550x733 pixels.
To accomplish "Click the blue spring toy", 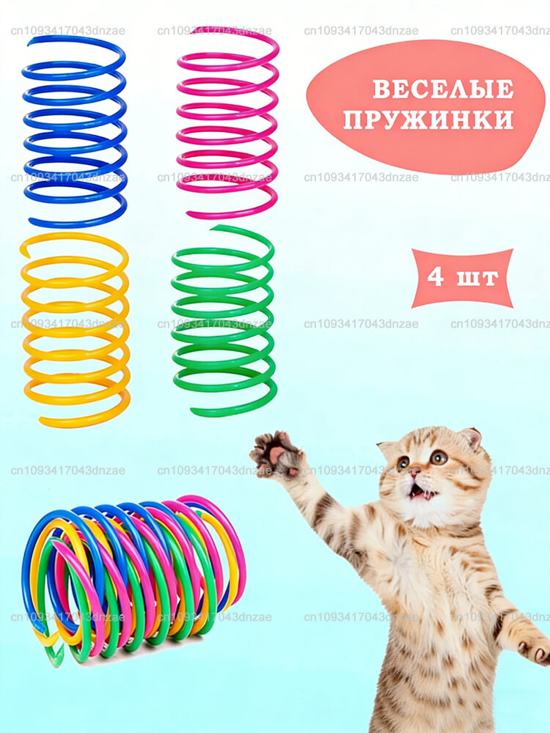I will [x=73, y=132].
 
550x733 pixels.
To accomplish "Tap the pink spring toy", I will [x=227, y=121].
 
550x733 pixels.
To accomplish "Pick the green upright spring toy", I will [x=224, y=323].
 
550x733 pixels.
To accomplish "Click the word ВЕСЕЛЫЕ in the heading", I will [x=443, y=89].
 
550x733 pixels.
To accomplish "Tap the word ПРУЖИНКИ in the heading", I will [x=428, y=119].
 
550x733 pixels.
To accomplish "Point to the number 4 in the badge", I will [x=436, y=278].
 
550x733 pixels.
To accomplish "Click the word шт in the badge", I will [x=480, y=279].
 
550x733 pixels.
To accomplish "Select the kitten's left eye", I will [x=403, y=463].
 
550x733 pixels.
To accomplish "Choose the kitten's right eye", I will [x=439, y=457].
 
